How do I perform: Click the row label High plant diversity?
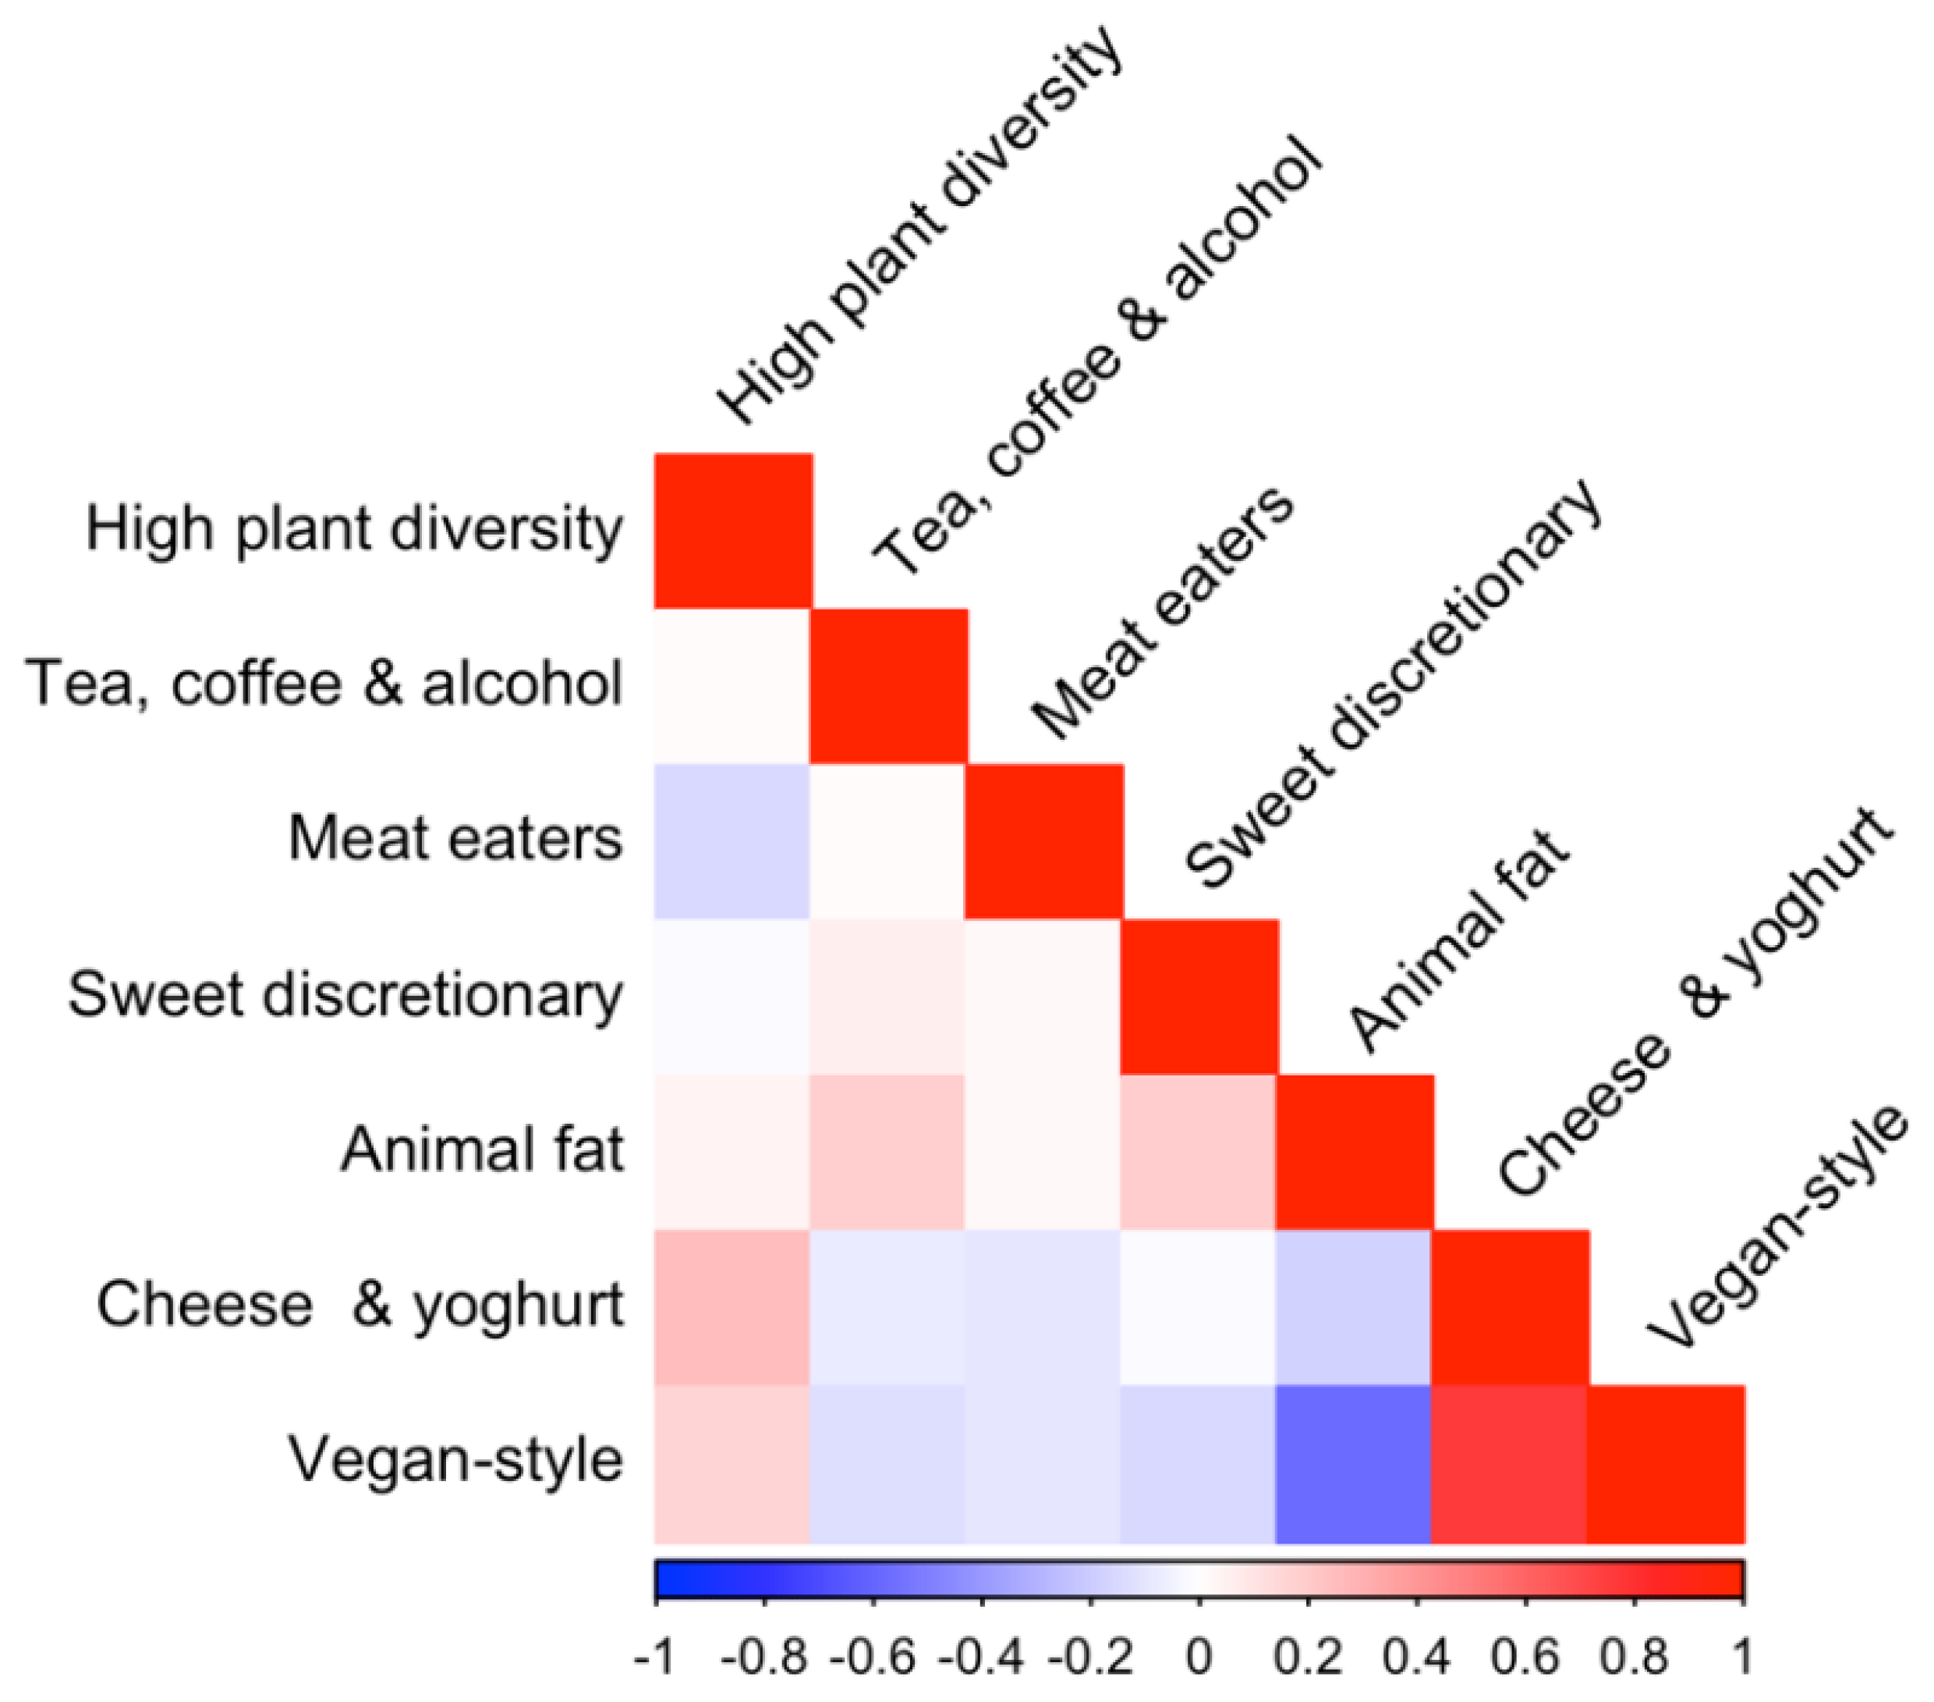click(354, 528)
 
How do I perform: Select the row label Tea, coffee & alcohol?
click(324, 684)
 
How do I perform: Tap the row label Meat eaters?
click(455, 839)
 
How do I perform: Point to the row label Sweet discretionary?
click(345, 995)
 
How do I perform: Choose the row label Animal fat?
click(483, 1150)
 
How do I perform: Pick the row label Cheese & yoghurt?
click(360, 1305)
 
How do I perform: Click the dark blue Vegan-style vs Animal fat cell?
click(1353, 1463)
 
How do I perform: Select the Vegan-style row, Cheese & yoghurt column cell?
click(1508, 1463)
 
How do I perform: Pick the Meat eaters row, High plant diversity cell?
click(732, 840)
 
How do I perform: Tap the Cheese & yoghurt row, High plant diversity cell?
click(732, 1306)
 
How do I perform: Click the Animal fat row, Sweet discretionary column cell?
click(1198, 1151)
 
